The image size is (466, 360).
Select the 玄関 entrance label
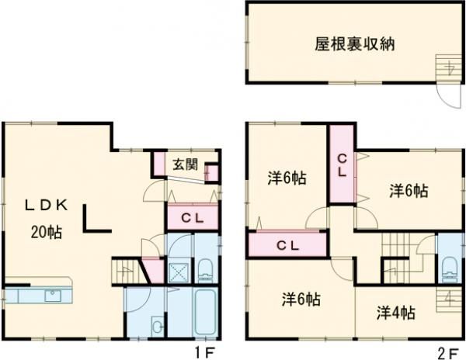(x=185, y=164)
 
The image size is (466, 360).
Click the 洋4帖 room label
(x=396, y=313)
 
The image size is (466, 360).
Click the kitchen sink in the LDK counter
(x=53, y=295)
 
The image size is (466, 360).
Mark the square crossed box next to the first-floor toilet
(x=177, y=271)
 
